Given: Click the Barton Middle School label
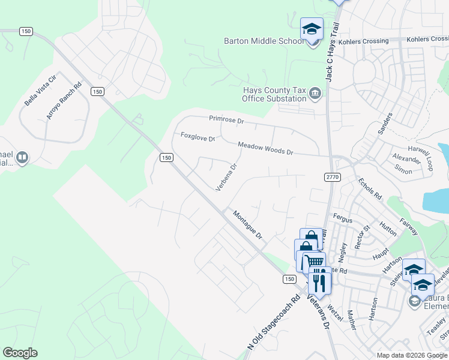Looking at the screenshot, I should [264, 41].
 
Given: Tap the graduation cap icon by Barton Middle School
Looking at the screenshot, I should [312, 29].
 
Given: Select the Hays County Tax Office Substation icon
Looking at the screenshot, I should [315, 94].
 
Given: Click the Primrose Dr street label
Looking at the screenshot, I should [226, 120].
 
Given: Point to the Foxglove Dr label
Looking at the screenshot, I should [197, 137].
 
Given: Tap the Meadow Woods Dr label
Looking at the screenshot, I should [265, 148].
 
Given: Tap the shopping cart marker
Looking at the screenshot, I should [314, 262].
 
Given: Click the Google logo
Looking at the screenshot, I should [20, 353].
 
